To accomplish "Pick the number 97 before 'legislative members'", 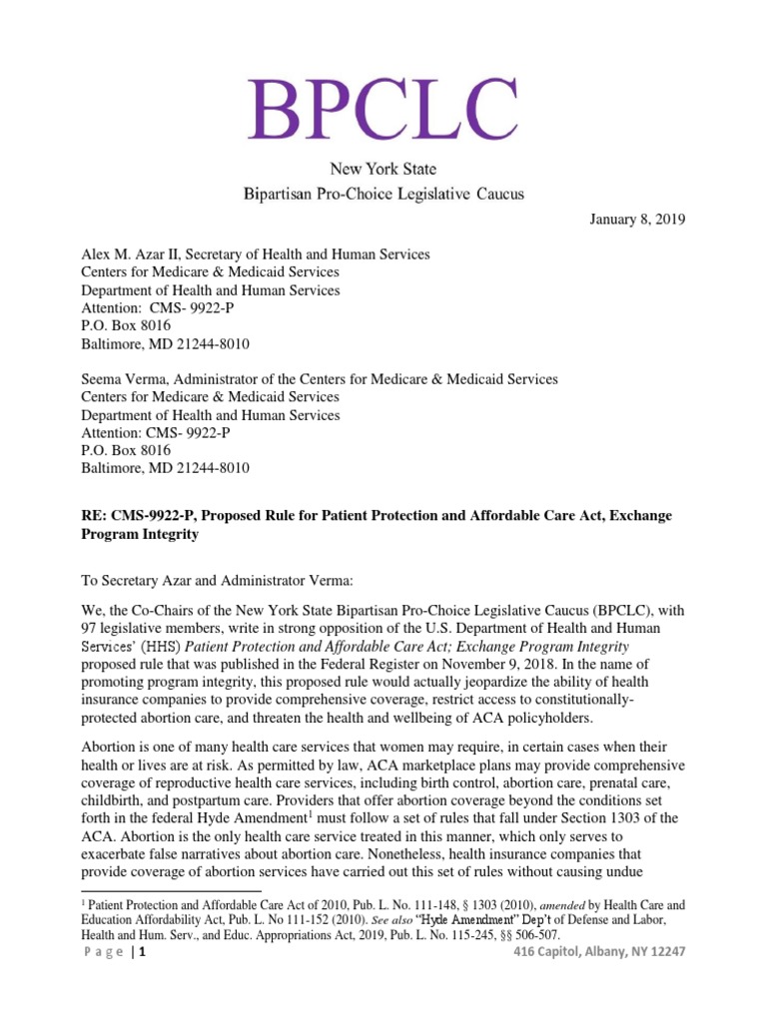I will (91, 628).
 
